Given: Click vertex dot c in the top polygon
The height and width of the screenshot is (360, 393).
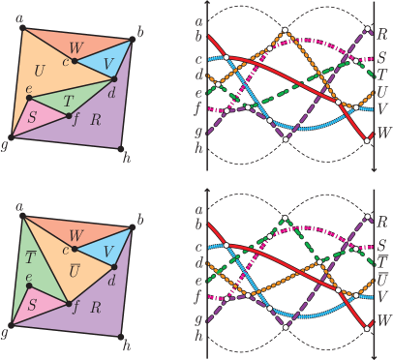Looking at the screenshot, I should pyautogui.click(x=74, y=60).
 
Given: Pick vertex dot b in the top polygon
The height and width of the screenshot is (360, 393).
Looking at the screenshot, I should pyautogui.click(x=132, y=41).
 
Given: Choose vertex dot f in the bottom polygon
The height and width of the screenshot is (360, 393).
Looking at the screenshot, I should pyautogui.click(x=76, y=302).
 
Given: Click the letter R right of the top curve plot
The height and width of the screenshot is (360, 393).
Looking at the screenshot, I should pyautogui.click(x=383, y=34).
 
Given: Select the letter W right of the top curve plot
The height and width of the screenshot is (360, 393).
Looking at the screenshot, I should pyautogui.click(x=384, y=131).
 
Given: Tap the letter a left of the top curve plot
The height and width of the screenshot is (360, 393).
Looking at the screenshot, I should pyautogui.click(x=198, y=19).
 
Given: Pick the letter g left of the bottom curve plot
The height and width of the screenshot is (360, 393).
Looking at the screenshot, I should pyautogui.click(x=198, y=317).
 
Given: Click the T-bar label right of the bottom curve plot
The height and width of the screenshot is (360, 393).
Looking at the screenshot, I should pyautogui.click(x=383, y=261).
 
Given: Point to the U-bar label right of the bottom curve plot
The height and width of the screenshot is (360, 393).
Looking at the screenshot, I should pyautogui.click(x=383, y=280).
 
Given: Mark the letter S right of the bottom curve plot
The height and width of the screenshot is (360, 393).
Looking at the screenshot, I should pyautogui.click(x=383, y=246).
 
